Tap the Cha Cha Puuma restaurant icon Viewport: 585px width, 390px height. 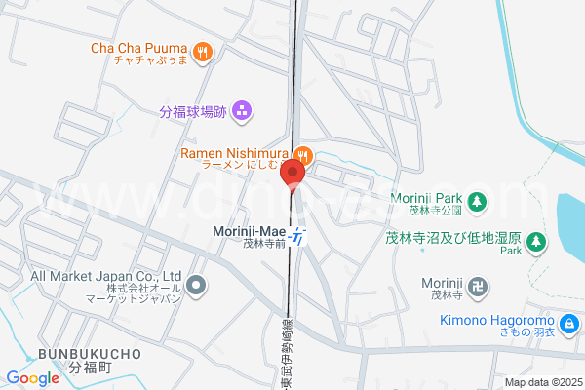(x=203, y=51)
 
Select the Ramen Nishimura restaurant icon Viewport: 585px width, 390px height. (x=304, y=154)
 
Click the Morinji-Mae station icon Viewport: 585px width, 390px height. (x=299, y=234)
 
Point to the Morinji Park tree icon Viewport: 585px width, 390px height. (x=477, y=202)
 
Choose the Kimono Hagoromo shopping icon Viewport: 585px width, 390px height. (x=567, y=323)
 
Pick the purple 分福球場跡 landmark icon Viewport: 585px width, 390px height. (x=242, y=111)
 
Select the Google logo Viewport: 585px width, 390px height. (x=33, y=378)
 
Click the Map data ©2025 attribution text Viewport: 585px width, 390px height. (x=541, y=382)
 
